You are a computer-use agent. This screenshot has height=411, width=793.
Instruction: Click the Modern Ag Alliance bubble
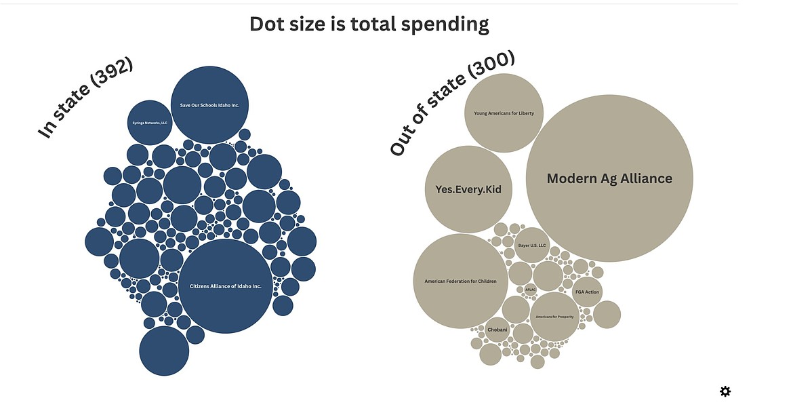pos(609,178)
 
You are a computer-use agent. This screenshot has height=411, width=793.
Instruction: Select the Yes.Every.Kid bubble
pos(468,189)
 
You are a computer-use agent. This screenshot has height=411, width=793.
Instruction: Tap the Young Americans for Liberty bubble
pos(504,113)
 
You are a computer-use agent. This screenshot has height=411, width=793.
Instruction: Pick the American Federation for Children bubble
pos(460,281)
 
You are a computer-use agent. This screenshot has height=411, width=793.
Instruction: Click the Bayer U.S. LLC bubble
pos(532,245)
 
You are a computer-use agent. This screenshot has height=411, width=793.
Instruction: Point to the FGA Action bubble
pos(587,292)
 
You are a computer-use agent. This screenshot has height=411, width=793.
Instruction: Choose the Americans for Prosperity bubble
pos(554,317)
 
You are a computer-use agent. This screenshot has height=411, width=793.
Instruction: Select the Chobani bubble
pos(497,330)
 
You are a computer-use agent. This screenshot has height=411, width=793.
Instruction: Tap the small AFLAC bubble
pos(530,289)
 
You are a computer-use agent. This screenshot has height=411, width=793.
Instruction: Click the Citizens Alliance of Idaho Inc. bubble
pos(225,286)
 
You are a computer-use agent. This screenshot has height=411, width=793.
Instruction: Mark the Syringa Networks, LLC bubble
pos(150,123)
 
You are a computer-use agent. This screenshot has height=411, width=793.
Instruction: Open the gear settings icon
pos(725,391)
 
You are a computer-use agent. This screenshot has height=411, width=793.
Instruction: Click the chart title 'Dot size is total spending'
pos(369,24)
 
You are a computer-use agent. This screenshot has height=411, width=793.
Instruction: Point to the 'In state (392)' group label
pos(85,99)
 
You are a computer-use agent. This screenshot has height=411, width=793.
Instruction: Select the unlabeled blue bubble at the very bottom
pos(164,351)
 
